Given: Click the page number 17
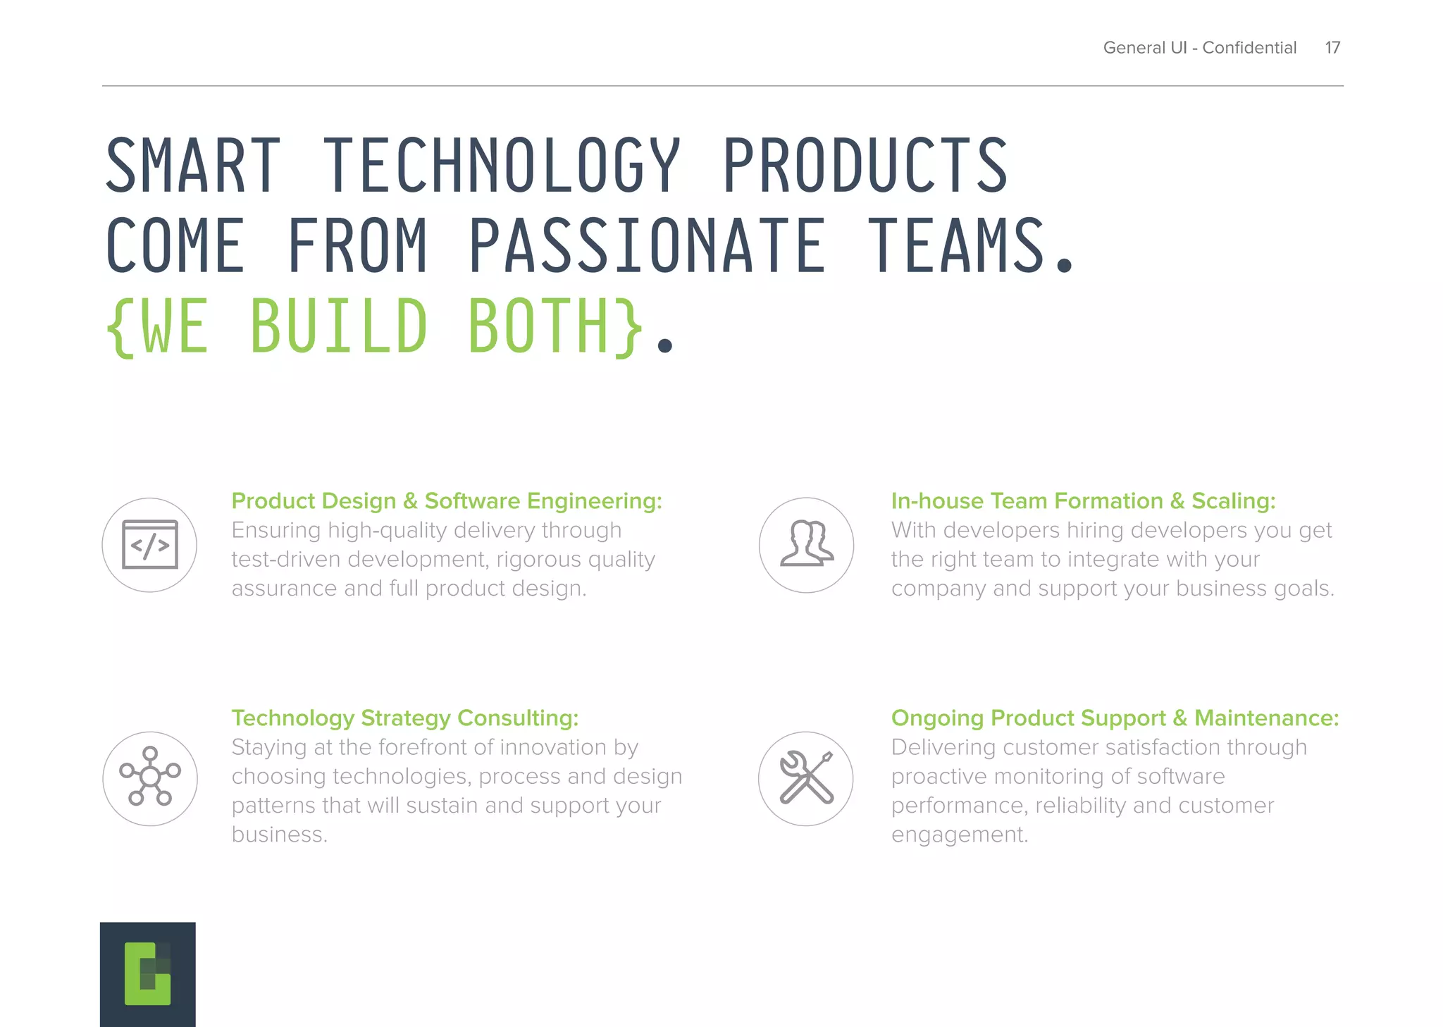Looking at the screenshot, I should tap(1332, 47).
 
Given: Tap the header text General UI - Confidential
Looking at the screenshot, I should tap(1199, 47).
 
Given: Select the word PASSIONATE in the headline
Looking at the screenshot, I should tap(647, 246).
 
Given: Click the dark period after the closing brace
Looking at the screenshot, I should tap(664, 345).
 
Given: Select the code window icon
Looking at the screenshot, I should tap(149, 545).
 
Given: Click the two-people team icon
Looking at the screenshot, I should tap(806, 545).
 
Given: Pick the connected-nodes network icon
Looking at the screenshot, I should tap(149, 778).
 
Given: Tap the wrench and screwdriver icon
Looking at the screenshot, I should tap(806, 778).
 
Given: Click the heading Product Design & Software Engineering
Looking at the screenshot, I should tap(446, 500).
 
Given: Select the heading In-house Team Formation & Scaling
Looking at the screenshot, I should tap(1083, 500).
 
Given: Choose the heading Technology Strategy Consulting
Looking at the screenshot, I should tap(404, 718).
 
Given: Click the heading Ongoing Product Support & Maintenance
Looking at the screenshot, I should tap(1115, 718).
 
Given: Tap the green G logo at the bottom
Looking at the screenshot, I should tap(147, 973).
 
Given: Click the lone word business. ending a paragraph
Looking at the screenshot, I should tap(279, 835).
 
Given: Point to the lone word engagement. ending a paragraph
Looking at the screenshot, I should tap(959, 835).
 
